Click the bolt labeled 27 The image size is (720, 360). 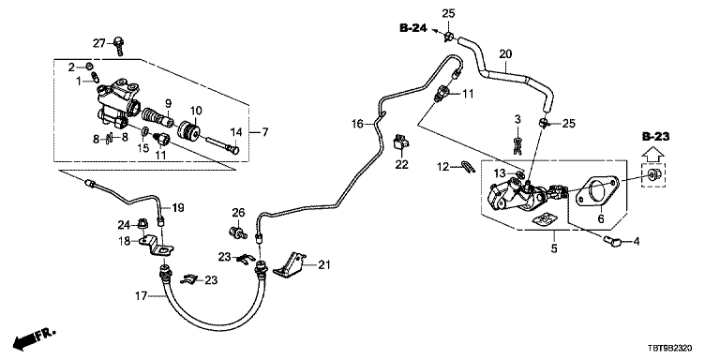pyautogui.click(x=119, y=46)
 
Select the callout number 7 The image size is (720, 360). pyautogui.click(x=264, y=133)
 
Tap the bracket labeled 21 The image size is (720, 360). pyautogui.click(x=290, y=265)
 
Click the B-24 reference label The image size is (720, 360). pyautogui.click(x=412, y=28)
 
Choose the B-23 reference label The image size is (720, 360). pyautogui.click(x=655, y=136)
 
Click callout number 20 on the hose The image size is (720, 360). pyautogui.click(x=505, y=54)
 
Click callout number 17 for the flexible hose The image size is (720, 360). pyautogui.click(x=142, y=296)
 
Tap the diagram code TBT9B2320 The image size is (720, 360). pyautogui.click(x=671, y=350)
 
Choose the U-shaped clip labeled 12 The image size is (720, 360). pyautogui.click(x=468, y=167)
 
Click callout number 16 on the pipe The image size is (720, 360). pyautogui.click(x=357, y=124)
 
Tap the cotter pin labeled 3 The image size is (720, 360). pyautogui.click(x=517, y=144)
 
